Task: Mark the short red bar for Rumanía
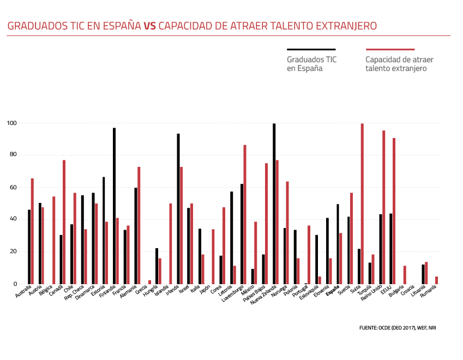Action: pyautogui.click(x=436, y=280)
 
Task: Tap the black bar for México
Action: pyautogui.click(x=252, y=277)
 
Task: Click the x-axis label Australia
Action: pyautogui.click(x=23, y=292)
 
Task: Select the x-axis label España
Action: pyautogui.click(x=332, y=291)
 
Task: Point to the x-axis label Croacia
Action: pyautogui.click(x=406, y=291)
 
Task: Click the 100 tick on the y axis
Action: pyautogui.click(x=11, y=123)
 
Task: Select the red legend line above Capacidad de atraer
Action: pyautogui.click(x=390, y=49)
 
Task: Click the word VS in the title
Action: pyautogui.click(x=149, y=26)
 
